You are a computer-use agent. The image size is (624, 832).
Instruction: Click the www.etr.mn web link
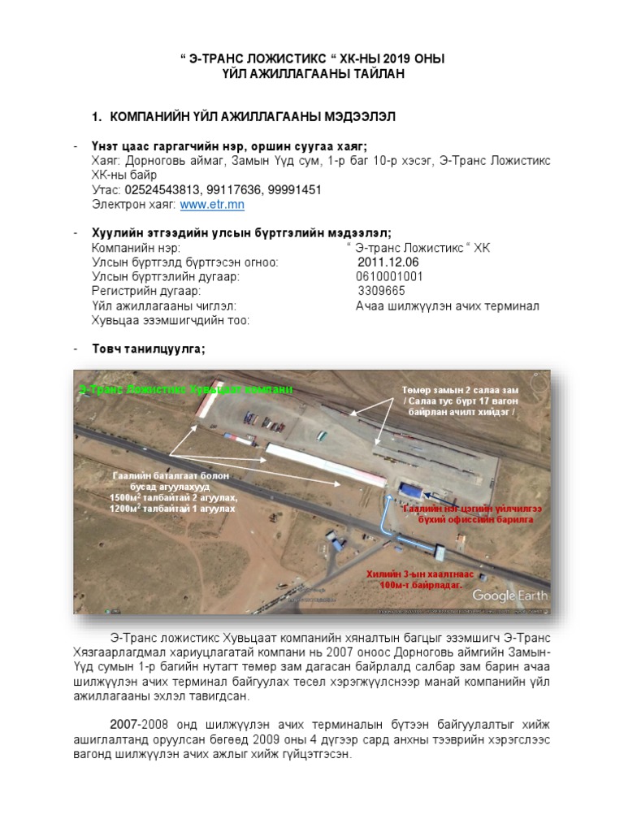(212, 205)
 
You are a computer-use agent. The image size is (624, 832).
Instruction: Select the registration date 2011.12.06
(388, 262)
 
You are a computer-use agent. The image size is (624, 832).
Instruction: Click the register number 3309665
(381, 291)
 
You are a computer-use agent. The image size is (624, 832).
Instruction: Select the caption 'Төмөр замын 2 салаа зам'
(460, 391)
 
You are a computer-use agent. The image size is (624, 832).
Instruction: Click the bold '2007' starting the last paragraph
(124, 723)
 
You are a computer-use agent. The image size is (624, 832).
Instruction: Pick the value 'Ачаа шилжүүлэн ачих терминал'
(447, 305)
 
